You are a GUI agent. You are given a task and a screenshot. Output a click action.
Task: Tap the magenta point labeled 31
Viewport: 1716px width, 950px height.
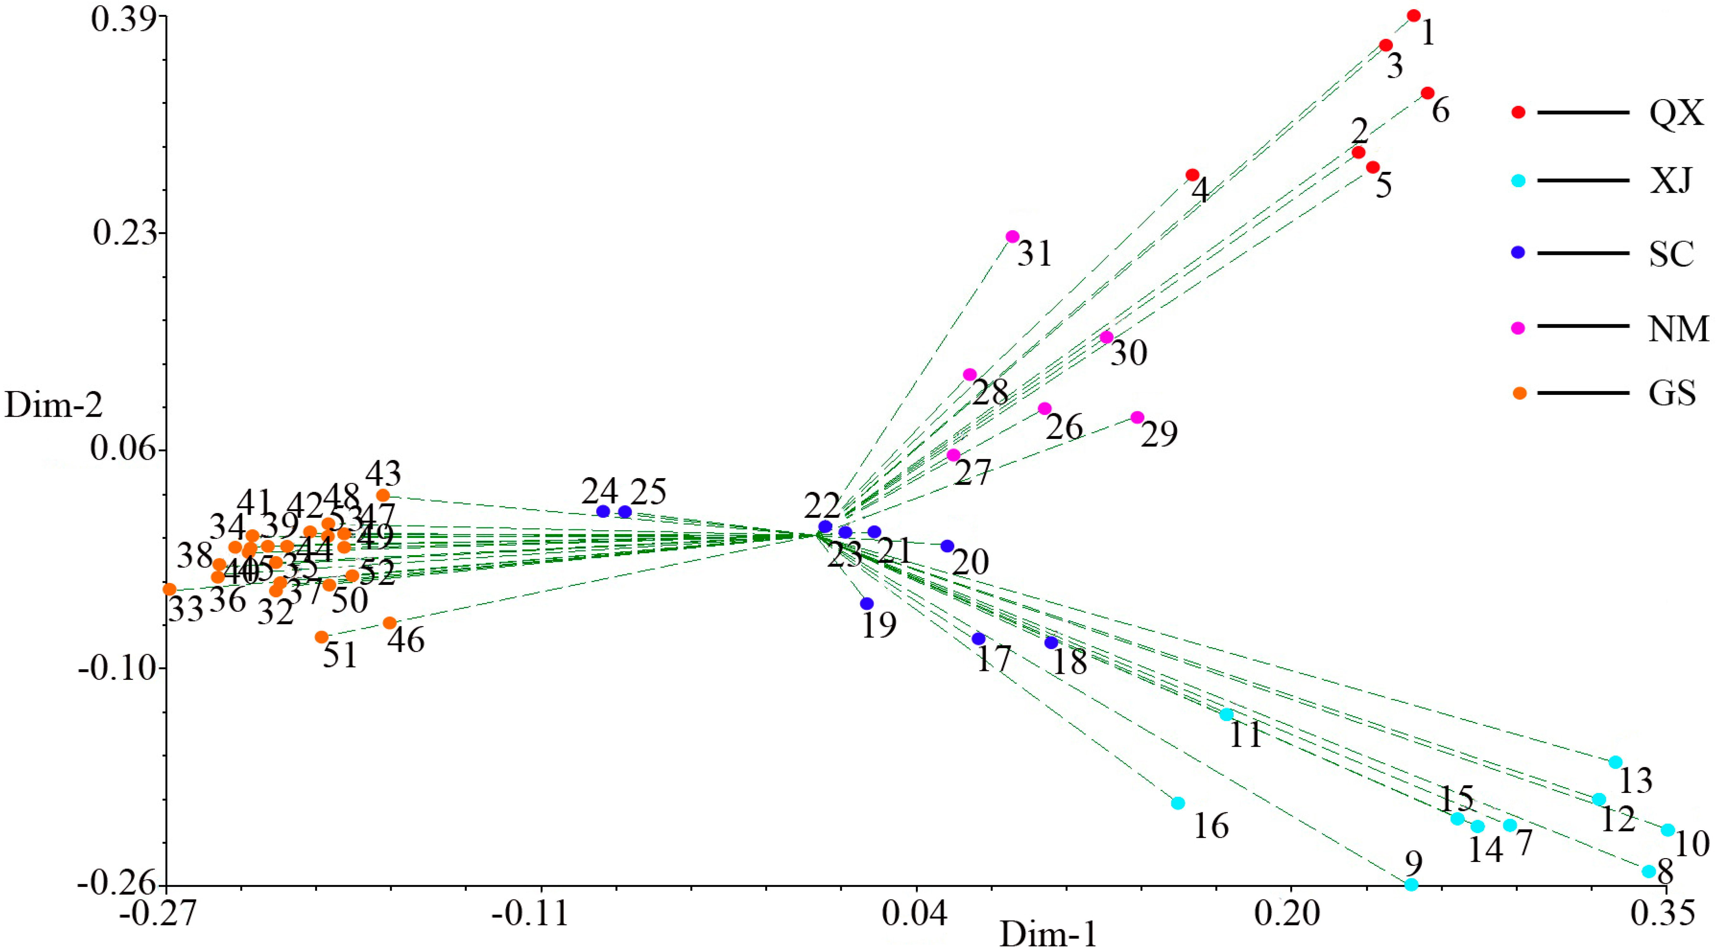point(1013,237)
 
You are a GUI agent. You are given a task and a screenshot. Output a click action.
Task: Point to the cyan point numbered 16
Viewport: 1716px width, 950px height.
point(1178,803)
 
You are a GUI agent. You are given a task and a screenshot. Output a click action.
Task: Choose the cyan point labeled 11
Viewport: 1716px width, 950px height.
point(1226,714)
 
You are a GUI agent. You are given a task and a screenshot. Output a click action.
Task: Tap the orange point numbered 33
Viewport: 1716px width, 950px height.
point(169,589)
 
